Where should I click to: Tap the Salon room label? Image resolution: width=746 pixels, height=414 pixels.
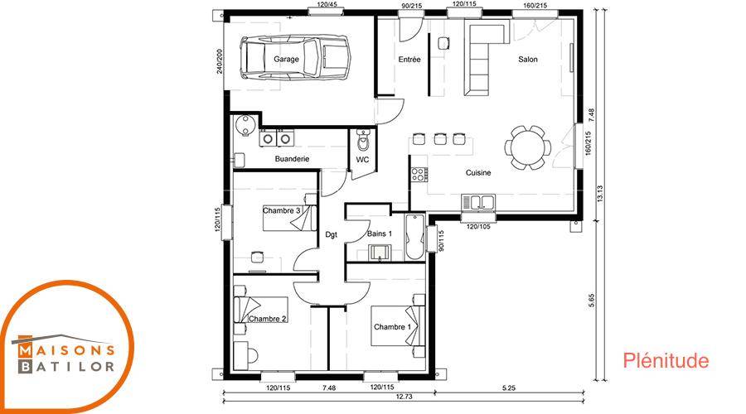pos(528,60)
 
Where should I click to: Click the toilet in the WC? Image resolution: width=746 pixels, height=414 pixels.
pos(364,140)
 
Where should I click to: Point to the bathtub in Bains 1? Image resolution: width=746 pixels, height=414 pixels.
pos(415,237)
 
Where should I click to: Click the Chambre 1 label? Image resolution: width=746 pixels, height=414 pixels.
pos(392,327)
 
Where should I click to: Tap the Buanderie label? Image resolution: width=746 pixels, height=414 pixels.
pos(292,159)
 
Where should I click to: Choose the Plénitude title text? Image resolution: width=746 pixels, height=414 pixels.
pos(666,361)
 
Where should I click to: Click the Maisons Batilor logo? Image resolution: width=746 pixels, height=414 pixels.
pos(65,347)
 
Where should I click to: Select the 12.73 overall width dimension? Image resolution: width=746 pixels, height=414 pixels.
pos(404,397)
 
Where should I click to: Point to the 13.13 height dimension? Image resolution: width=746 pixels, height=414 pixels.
pos(600,195)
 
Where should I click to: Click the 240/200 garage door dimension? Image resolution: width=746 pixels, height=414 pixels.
pos(220,60)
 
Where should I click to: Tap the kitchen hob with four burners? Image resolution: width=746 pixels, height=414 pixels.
pos(419,175)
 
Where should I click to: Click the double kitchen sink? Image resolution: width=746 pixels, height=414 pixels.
pos(477,202)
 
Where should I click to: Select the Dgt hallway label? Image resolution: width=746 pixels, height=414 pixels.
pos(331,234)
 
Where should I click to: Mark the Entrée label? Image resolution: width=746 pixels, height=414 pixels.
pos(409,60)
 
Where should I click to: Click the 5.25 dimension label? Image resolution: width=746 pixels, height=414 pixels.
pos(509,388)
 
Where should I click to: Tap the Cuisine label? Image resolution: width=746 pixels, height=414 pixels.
pos(478,172)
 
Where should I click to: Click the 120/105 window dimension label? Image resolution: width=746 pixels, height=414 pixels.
pos(478,227)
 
